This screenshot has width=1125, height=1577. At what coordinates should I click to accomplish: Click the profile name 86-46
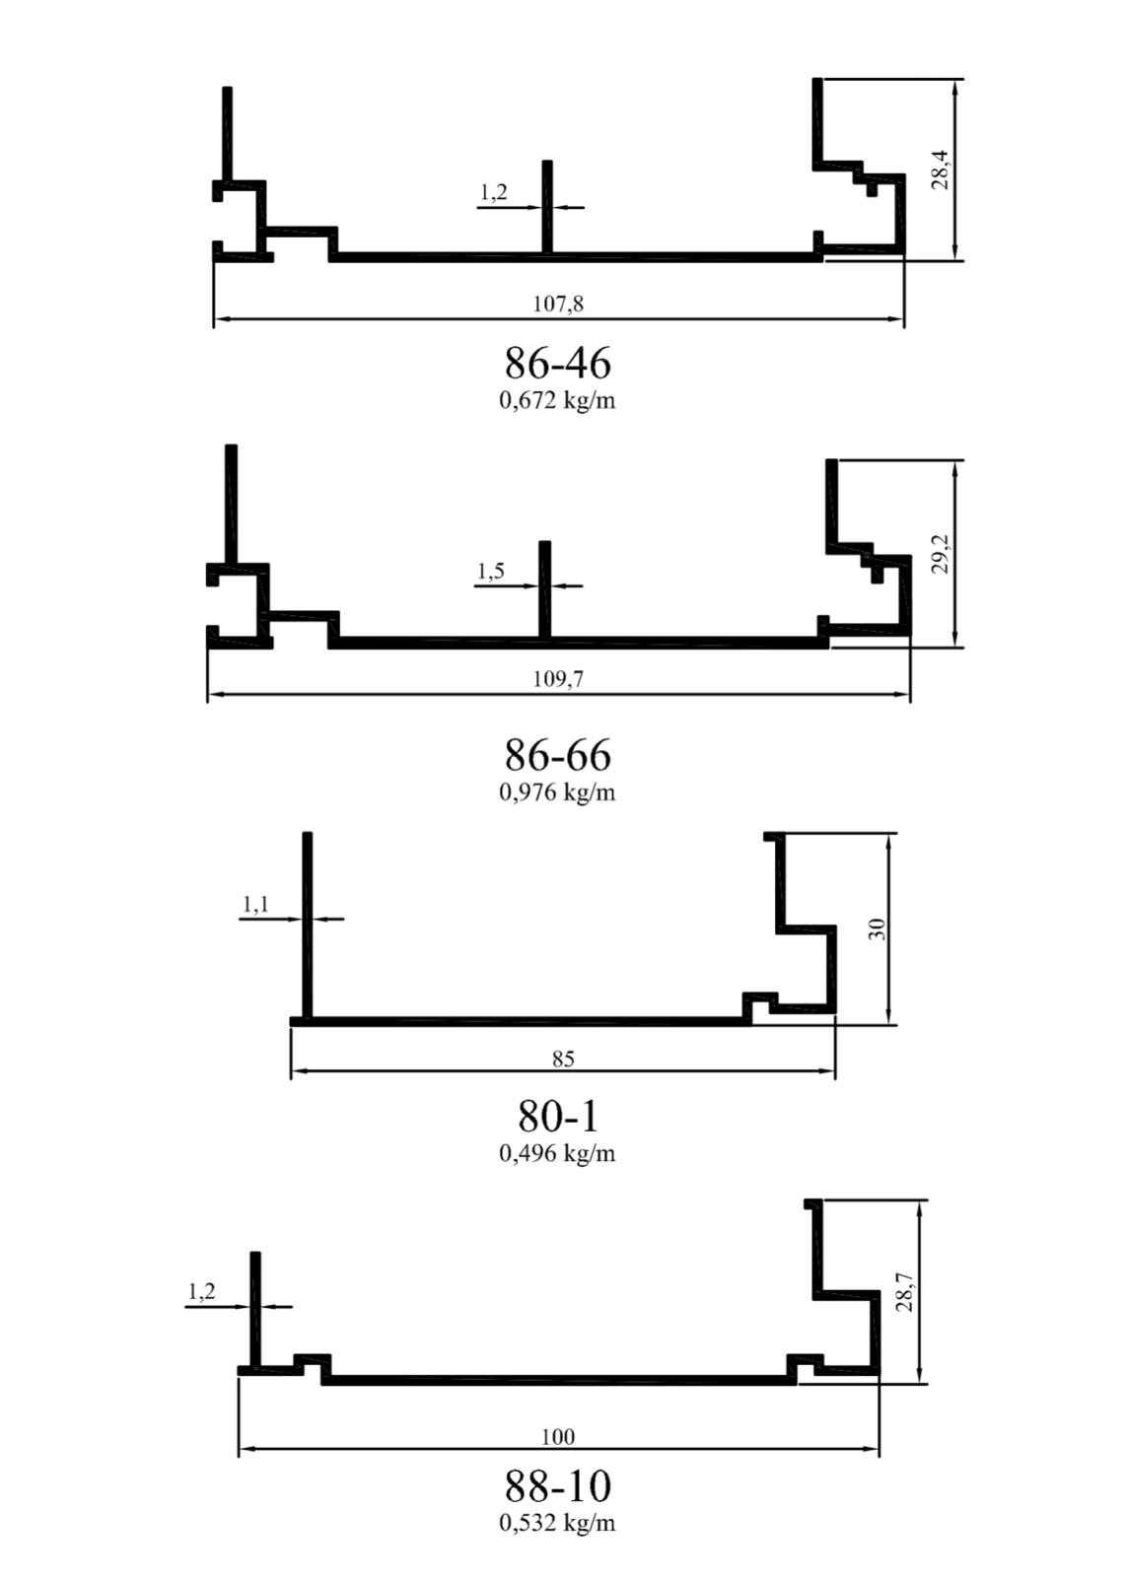tap(557, 364)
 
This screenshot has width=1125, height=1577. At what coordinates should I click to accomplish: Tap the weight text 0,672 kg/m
tap(557, 400)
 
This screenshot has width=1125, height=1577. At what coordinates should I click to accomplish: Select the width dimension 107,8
tap(558, 304)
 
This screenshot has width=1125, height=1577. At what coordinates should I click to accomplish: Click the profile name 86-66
tap(557, 755)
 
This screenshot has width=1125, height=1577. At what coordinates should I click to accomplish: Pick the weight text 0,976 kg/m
tap(557, 792)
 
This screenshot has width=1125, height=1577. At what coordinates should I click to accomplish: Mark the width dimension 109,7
tap(558, 678)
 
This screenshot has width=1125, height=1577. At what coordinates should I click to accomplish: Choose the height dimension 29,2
tap(942, 554)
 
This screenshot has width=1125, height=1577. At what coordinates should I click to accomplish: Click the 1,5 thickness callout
tap(491, 571)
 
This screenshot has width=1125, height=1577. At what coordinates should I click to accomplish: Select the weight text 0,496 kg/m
tap(557, 1153)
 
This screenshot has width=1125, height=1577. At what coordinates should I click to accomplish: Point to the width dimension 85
tap(564, 1059)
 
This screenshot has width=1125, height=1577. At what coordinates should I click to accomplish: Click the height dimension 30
tap(878, 928)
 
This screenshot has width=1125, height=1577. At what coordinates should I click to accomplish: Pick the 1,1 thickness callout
tap(255, 903)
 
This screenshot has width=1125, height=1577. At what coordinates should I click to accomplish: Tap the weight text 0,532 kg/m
tap(557, 1523)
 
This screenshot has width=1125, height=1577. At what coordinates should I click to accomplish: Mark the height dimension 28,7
tap(906, 1292)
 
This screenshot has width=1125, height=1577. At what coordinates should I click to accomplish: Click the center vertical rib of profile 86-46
tap(546, 207)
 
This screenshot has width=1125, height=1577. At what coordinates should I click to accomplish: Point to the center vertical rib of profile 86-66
tap(544, 590)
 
